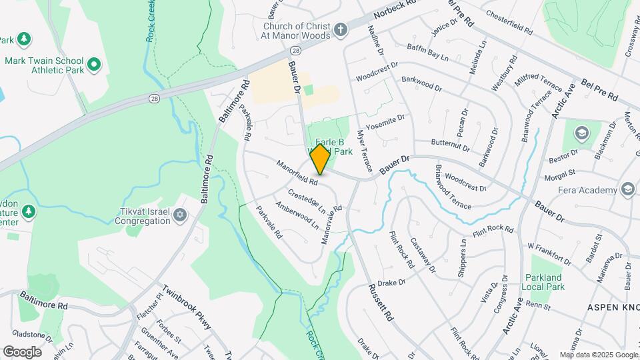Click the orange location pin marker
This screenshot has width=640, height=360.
coord(320,159)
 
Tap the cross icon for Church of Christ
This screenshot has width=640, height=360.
coord(341,29)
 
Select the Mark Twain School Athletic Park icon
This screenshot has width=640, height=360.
coord(94,65)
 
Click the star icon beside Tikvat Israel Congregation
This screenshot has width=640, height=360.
coord(179,214)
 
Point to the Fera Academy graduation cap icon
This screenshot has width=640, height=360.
coord(627,190)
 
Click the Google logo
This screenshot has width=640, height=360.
coord(22,351)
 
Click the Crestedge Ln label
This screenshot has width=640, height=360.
coord(307,202)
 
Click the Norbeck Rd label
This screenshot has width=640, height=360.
coord(395,12)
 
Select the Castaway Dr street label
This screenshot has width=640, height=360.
coord(423,255)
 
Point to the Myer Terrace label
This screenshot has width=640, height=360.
coord(365,151)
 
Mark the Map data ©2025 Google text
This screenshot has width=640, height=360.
coord(599,355)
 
